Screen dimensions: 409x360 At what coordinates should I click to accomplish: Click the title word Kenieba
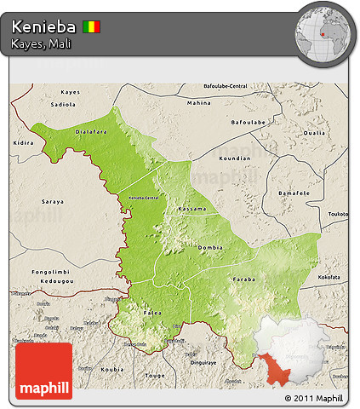[x=43, y=27]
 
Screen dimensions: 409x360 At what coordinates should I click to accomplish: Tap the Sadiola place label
[x=63, y=105]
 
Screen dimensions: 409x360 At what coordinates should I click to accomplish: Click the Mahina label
[x=198, y=102]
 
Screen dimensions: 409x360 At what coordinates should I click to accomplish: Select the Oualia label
[x=314, y=133]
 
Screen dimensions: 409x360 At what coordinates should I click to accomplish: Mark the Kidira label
[x=22, y=144]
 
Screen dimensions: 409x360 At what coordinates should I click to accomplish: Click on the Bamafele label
[x=295, y=193]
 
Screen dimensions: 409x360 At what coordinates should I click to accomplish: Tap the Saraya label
[x=53, y=202]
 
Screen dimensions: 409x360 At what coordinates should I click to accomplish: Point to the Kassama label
[x=191, y=209]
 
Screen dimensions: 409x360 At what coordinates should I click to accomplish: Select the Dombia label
[x=210, y=247]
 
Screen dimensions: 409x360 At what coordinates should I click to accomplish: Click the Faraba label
[x=243, y=279]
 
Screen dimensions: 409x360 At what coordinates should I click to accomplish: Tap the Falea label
[x=152, y=313]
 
